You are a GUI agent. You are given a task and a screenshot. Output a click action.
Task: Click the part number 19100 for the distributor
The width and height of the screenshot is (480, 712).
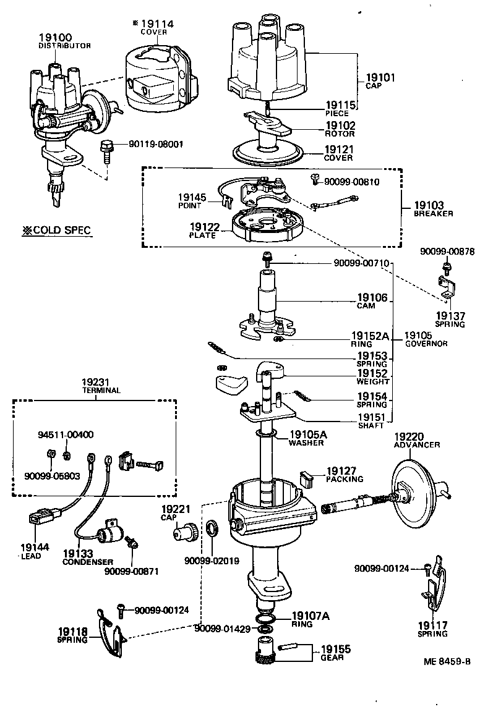tap(57, 38)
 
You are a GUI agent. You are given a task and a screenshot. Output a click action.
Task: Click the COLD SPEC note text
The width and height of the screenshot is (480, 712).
tap(56, 231)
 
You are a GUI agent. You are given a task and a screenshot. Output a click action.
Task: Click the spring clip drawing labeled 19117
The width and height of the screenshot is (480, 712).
tap(437, 581)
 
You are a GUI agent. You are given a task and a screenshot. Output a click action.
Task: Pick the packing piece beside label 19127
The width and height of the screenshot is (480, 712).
tap(307, 478)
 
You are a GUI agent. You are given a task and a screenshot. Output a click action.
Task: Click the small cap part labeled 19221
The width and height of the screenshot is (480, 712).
tap(185, 530)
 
